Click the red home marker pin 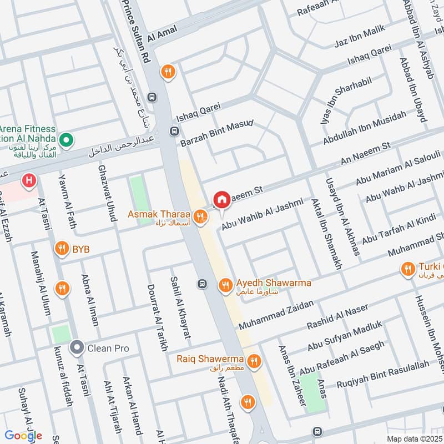coord(221,199)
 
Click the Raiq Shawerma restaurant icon coord(255,361)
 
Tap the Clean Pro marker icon coord(76,348)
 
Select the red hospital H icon coord(28,180)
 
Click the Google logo coord(24,436)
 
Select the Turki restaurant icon coord(408,269)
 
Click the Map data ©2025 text coord(413,438)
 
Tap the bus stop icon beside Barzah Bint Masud coord(174,132)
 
